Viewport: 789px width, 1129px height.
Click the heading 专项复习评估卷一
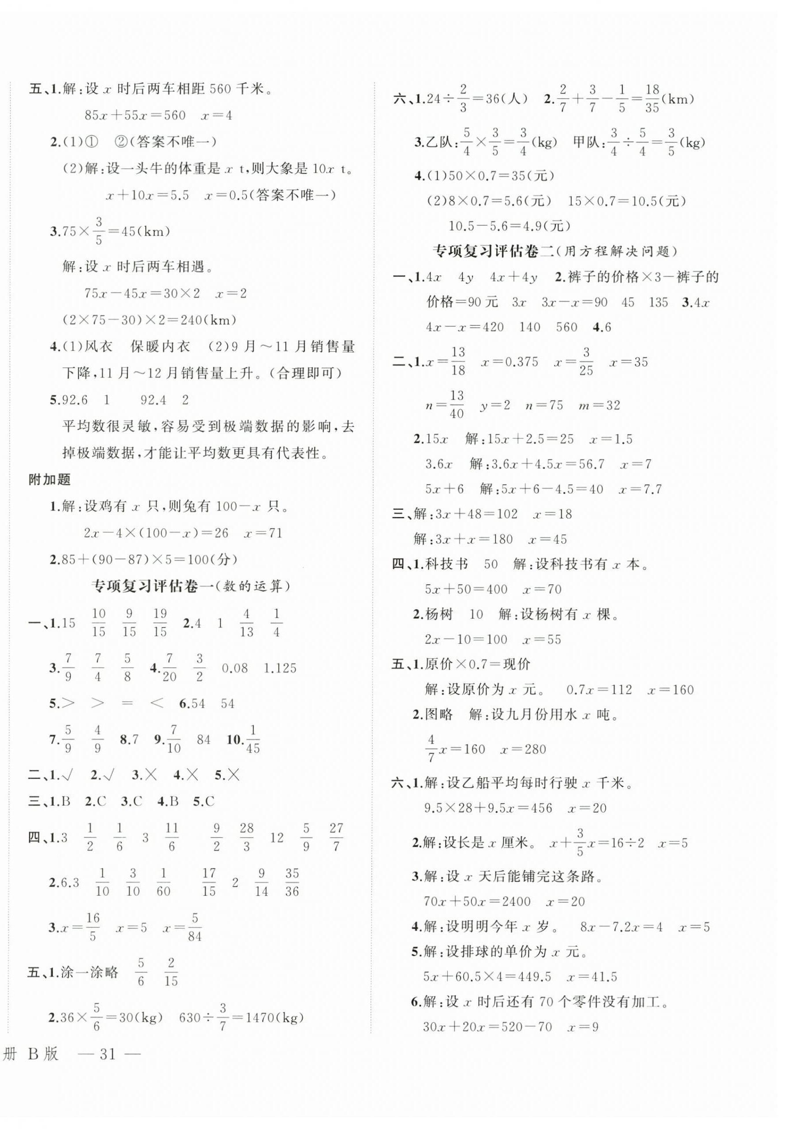[154, 586]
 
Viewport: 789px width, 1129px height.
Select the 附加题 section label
[50, 479]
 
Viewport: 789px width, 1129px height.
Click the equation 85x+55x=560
[135, 116]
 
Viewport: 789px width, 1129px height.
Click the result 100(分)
[216, 559]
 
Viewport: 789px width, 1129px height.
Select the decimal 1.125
[280, 668]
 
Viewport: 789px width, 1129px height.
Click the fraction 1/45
[253, 740]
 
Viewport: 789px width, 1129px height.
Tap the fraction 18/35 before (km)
[652, 98]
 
